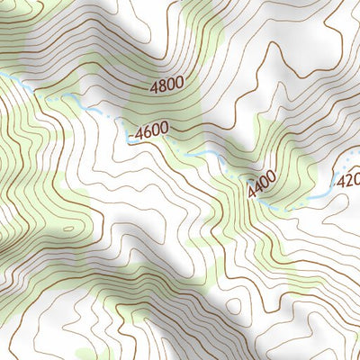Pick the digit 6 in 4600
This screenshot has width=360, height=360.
pos(148,131)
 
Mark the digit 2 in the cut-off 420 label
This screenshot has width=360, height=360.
pos(348,180)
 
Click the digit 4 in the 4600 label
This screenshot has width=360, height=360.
pos(139,132)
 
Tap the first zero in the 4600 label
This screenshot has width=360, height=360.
pos(156,131)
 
